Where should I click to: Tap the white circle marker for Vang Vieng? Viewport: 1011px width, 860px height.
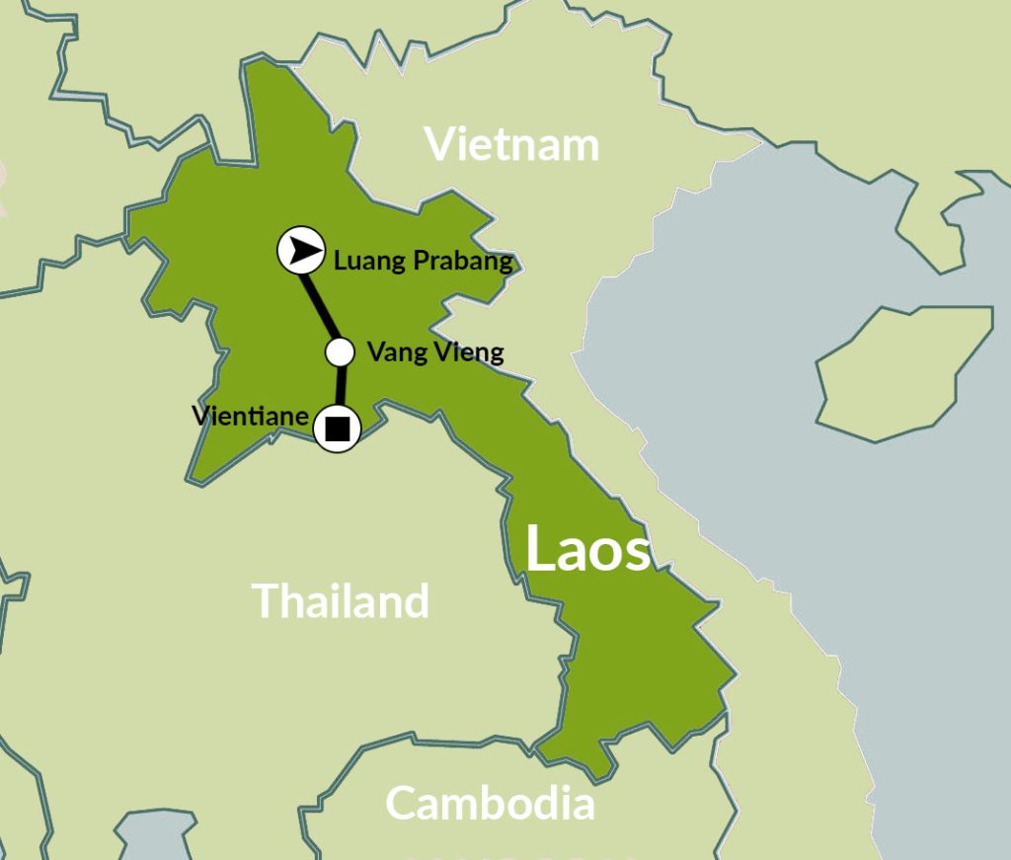(340, 352)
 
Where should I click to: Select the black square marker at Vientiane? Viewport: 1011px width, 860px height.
(337, 429)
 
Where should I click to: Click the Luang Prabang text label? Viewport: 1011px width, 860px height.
(424, 262)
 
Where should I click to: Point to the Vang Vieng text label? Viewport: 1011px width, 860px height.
(434, 352)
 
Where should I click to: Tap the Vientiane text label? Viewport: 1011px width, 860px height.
(250, 416)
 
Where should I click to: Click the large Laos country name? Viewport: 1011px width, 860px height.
(587, 549)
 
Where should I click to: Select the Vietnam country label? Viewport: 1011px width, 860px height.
(511, 144)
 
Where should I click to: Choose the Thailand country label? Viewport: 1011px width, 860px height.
(341, 600)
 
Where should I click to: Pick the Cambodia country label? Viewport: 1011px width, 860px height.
(490, 803)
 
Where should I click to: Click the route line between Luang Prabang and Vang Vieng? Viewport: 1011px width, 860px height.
(320, 303)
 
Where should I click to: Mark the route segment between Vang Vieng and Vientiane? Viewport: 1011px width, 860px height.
(340, 388)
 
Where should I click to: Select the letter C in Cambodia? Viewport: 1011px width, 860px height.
(401, 804)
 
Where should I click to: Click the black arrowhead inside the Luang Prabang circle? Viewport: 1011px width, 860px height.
(304, 250)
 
